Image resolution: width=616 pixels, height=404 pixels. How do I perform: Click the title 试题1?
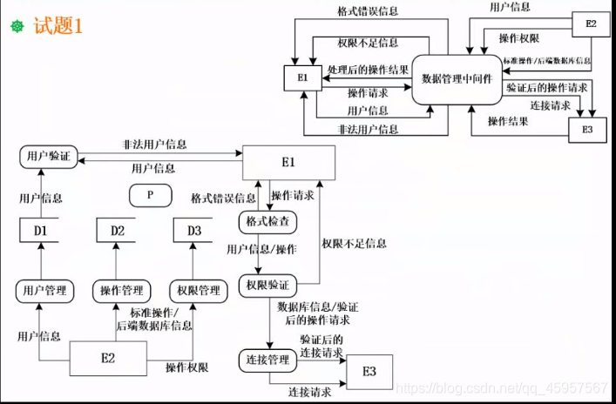click(x=58, y=26)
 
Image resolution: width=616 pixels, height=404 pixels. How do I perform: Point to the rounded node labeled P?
click(x=150, y=195)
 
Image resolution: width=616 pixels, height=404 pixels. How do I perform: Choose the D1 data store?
click(x=40, y=231)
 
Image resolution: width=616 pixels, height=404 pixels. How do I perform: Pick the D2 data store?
click(x=117, y=231)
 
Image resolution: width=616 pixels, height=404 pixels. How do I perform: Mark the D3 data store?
click(x=193, y=231)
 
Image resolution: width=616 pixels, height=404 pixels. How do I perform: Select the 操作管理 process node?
click(x=121, y=290)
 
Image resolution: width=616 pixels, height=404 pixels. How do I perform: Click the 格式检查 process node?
click(x=267, y=222)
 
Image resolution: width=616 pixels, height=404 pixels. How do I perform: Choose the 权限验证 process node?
click(x=267, y=285)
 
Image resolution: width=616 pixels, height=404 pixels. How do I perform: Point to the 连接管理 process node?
click(x=267, y=360)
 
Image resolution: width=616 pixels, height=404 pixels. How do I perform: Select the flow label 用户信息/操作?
click(x=261, y=250)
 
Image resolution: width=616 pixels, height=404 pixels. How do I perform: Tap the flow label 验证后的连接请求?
click(x=322, y=346)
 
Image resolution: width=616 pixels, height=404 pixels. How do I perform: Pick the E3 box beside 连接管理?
click(x=369, y=372)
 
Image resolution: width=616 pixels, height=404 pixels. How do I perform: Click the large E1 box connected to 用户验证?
click(x=288, y=163)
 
